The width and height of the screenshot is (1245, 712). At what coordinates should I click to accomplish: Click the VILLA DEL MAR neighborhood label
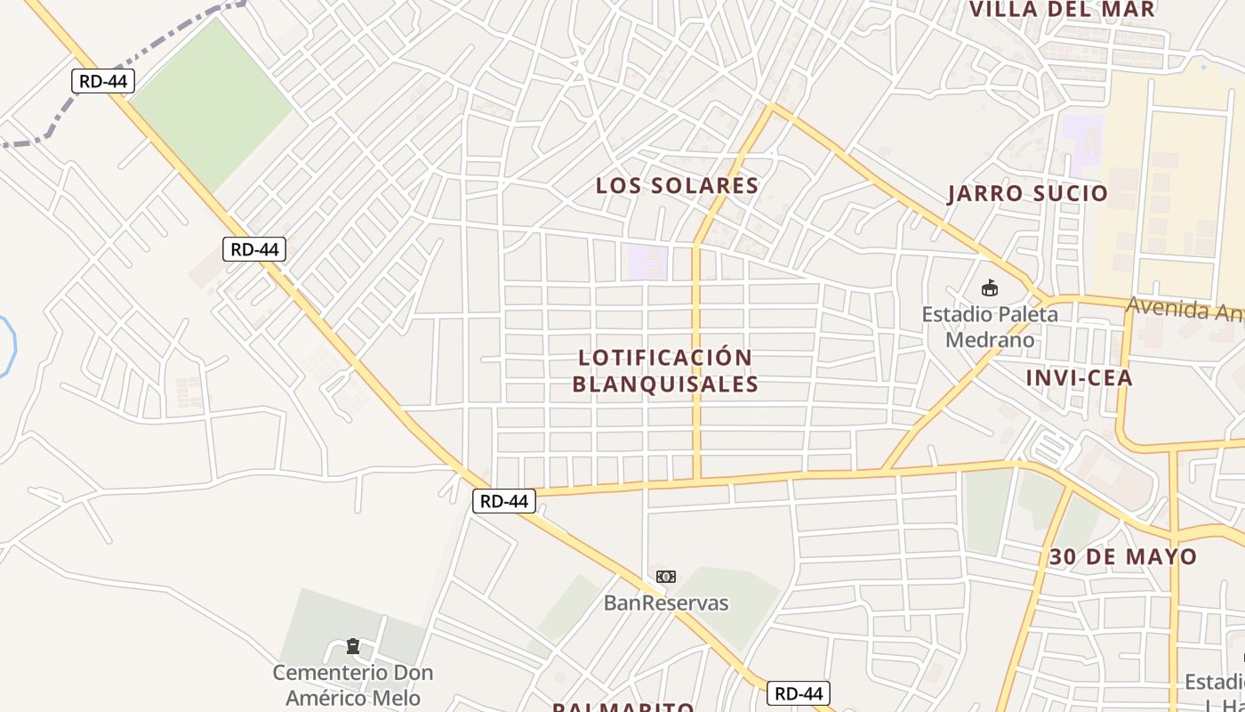(1061, 10)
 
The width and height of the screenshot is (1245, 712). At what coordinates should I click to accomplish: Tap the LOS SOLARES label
(677, 186)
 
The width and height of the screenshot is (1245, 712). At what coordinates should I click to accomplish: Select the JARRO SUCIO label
(1027, 194)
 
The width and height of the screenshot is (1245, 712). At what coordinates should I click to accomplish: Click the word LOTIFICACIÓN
(665, 358)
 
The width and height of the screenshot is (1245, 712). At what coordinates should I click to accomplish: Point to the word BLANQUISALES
(665, 384)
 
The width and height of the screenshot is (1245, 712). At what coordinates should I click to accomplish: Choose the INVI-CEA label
(1079, 378)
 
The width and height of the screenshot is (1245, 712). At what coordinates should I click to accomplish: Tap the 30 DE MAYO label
(1122, 557)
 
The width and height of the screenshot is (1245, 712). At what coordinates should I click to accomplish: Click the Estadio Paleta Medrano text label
(990, 327)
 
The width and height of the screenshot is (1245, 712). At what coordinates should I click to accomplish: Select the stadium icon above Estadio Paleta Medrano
(989, 287)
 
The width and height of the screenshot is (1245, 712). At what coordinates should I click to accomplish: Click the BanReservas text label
(665, 603)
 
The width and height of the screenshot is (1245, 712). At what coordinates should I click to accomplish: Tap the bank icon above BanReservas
(665, 577)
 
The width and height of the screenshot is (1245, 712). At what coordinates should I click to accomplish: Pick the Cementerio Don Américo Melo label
(352, 685)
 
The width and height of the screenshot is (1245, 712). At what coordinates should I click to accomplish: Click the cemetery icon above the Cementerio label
(353, 645)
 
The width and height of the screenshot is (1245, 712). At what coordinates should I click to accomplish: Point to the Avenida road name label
(1184, 309)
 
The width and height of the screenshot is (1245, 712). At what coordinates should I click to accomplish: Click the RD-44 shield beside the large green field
(103, 82)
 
